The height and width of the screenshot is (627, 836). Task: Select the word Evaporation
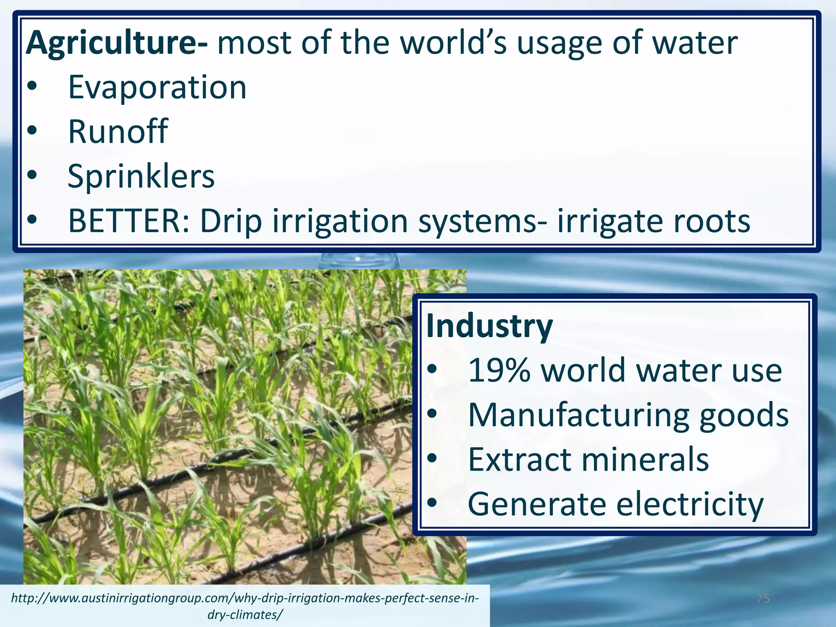157,87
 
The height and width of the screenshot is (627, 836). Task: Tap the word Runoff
118,131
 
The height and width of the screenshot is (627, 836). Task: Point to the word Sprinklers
141,176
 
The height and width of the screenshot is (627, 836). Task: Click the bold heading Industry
489,327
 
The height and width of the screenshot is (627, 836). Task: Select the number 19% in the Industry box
499,371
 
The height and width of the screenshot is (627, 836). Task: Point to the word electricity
689,505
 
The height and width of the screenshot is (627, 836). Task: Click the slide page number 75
763,598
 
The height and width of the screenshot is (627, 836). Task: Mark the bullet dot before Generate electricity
432,505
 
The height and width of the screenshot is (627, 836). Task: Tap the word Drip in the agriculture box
231,222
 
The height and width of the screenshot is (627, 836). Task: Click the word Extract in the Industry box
519,460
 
